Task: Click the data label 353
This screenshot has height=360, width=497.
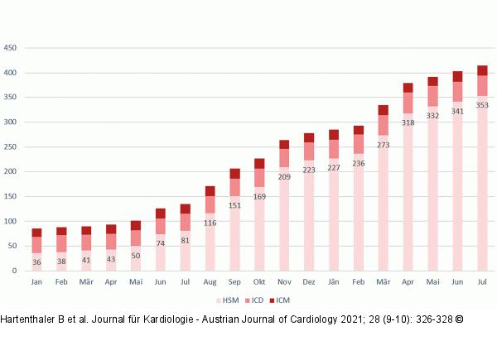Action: (482, 105)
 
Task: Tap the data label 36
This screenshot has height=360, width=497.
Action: (36, 262)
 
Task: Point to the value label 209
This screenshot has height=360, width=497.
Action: (284, 176)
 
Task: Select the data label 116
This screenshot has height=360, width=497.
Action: (210, 223)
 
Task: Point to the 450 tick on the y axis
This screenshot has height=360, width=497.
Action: (11, 48)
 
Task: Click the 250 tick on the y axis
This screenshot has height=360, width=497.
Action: (11, 147)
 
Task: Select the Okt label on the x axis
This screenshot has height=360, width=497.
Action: (259, 282)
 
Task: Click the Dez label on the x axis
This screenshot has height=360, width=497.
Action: (309, 282)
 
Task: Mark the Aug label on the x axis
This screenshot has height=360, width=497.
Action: (210, 282)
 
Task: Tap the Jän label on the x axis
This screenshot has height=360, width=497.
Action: (334, 282)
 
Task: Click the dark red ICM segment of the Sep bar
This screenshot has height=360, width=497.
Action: (234, 174)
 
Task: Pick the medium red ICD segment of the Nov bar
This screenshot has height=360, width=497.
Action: (284, 158)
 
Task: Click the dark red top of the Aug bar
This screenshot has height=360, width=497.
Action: (210, 191)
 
